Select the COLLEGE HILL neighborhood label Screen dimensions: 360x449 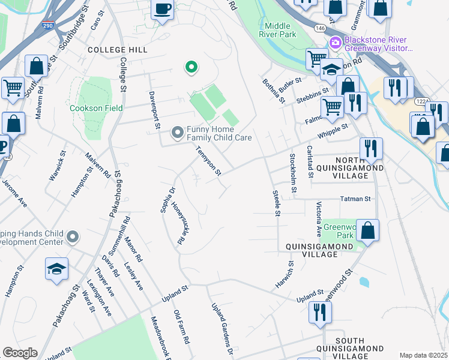click(118, 50)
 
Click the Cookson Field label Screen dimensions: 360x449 click(96, 108)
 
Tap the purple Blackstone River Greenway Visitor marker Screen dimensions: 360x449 click(334, 43)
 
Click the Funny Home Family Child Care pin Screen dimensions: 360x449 click(177, 131)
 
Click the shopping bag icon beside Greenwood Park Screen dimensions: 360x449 click(367, 230)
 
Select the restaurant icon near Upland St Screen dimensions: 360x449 click(319, 312)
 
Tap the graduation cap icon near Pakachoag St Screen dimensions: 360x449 click(56, 269)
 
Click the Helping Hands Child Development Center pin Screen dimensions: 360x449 click(73, 237)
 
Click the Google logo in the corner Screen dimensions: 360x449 click(19, 353)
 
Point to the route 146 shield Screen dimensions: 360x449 click(322, 28)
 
